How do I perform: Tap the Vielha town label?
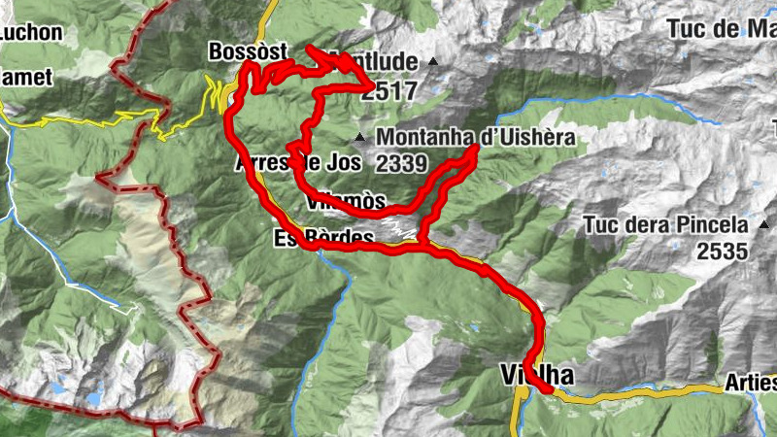(535, 375)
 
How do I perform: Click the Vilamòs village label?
(345, 202)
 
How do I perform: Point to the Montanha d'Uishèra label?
(476, 138)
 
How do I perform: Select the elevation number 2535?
(722, 252)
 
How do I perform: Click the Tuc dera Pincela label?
(665, 225)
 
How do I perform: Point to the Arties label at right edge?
(751, 385)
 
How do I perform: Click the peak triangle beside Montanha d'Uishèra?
(361, 137)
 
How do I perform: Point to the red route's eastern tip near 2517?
(372, 90)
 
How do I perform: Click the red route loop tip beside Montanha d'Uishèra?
(475, 151)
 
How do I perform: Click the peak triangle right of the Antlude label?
(433, 63)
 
